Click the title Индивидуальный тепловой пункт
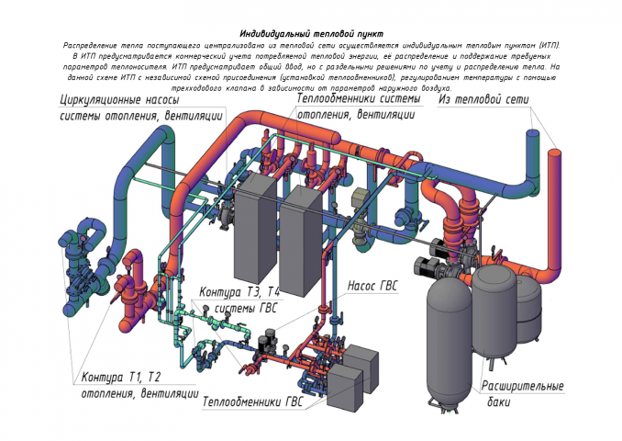coord(311,32)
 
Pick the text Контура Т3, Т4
coord(240,292)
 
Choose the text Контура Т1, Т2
coord(122,378)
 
